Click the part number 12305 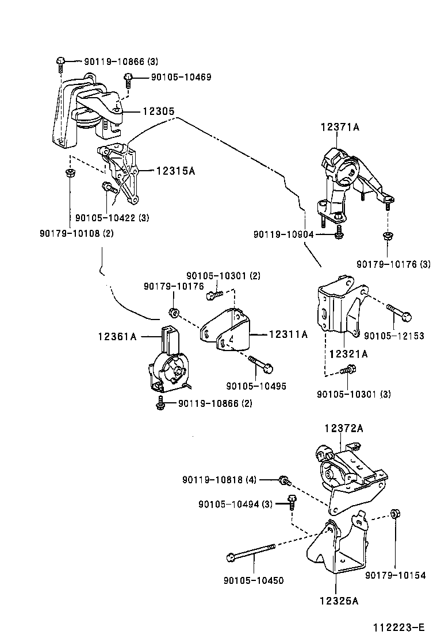point(159,111)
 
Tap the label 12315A point(175,171)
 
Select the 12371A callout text point(340,128)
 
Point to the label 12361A point(117,336)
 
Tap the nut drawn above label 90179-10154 point(395,513)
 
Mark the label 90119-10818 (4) point(220,479)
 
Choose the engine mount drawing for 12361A point(167,365)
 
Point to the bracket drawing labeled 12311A point(227,332)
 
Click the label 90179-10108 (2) point(76,233)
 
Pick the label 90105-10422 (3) point(112,218)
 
